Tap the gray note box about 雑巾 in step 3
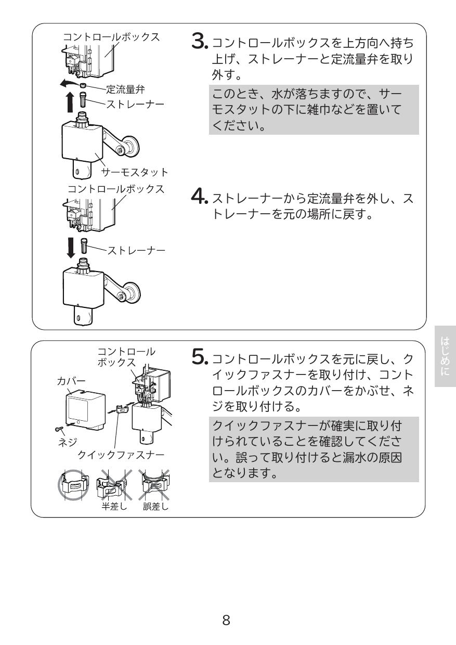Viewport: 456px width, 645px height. coord(313,110)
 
